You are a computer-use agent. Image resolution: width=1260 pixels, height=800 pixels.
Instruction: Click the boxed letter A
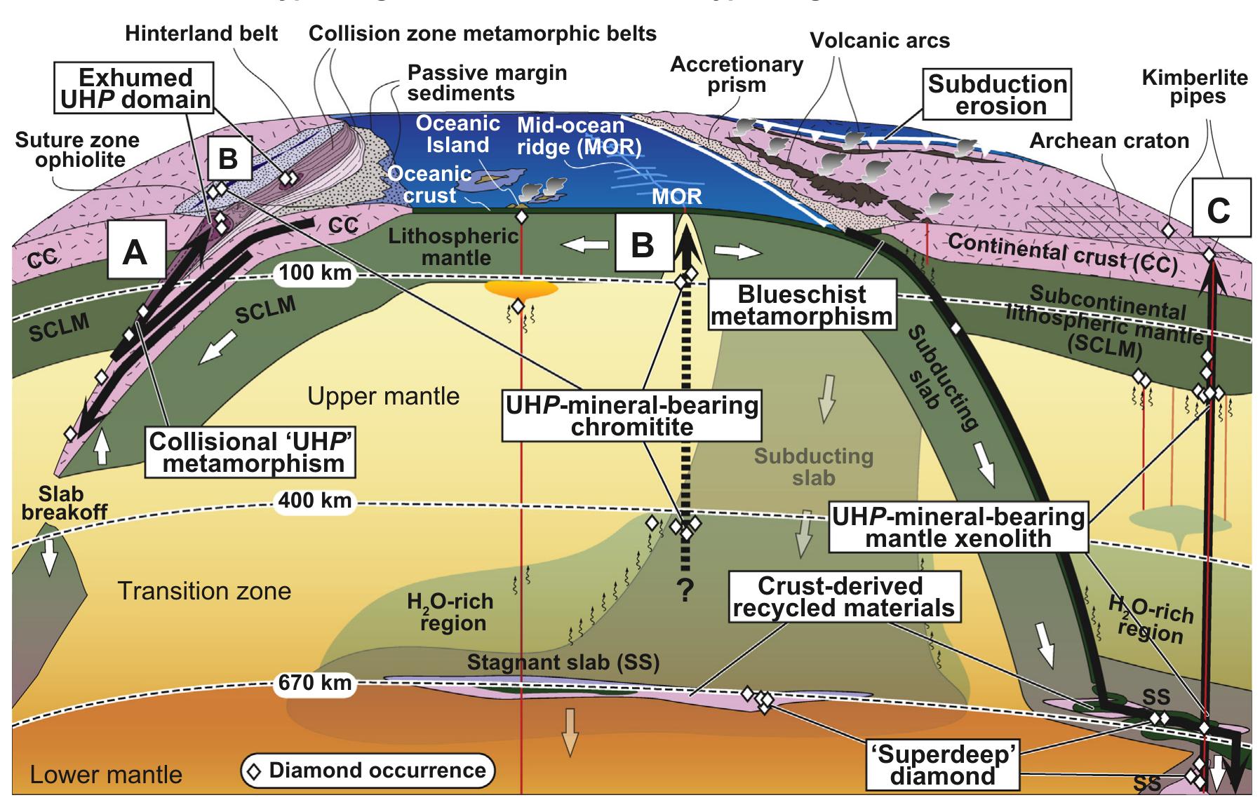pyautogui.click(x=136, y=252)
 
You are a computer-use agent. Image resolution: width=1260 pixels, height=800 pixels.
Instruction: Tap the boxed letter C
pyautogui.click(x=1221, y=209)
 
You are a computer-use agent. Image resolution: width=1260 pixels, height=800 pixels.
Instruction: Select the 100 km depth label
pyautogui.click(x=315, y=272)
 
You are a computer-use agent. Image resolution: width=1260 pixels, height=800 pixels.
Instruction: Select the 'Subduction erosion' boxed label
pyautogui.click(x=997, y=95)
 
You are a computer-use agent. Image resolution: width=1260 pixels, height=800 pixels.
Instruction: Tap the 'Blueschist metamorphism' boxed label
pyautogui.click(x=802, y=305)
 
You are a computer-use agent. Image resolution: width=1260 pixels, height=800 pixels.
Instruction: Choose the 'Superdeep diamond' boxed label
pyautogui.click(x=943, y=765)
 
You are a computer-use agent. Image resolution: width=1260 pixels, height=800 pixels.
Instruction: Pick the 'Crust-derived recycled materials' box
pyautogui.click(x=844, y=597)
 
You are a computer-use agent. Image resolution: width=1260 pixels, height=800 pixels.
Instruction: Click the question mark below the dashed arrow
pyautogui.click(x=684, y=592)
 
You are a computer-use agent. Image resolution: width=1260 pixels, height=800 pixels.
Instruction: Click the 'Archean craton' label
pyautogui.click(x=1109, y=141)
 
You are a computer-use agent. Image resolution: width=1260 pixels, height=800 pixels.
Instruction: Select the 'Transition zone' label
pyautogui.click(x=204, y=591)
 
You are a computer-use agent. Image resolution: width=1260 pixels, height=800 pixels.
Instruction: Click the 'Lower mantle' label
pyautogui.click(x=106, y=775)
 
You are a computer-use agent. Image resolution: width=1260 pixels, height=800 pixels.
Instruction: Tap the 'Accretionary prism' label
pyautogui.click(x=736, y=74)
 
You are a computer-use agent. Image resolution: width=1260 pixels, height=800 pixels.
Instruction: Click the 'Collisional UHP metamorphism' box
pyautogui.click(x=250, y=452)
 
